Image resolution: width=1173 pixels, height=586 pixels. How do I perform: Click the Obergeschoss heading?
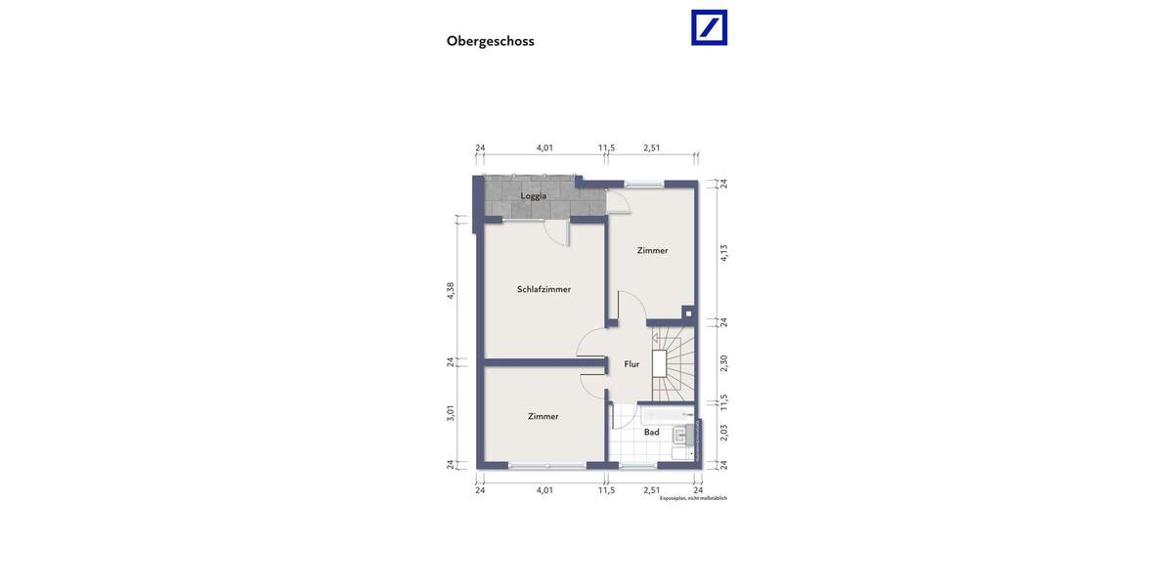click(490, 41)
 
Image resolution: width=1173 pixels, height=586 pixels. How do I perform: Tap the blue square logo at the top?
click(709, 27)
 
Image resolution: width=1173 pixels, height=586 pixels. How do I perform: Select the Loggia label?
click(534, 195)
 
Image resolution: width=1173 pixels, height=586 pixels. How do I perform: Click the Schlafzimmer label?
click(543, 289)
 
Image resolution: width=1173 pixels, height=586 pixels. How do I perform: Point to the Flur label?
click(631, 364)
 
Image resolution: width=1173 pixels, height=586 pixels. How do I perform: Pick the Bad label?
click(651, 432)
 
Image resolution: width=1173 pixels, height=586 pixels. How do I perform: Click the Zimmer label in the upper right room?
click(652, 250)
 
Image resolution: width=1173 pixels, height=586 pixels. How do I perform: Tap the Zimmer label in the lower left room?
click(543, 416)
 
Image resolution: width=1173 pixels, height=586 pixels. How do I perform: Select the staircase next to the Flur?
click(673, 364)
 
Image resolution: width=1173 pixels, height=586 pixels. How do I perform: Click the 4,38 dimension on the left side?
click(451, 290)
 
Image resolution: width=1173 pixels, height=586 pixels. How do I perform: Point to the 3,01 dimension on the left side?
click(451, 412)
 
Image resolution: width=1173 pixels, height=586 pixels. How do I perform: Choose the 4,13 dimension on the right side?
click(724, 252)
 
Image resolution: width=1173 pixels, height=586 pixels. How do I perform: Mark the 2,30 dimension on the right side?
click(724, 362)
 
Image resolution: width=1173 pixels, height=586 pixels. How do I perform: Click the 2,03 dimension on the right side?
click(724, 433)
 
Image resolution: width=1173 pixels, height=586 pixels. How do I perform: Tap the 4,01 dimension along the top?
click(544, 148)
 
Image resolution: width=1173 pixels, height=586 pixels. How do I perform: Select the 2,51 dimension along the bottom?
click(652, 490)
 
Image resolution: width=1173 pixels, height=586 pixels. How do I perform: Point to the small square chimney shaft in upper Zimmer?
click(688, 314)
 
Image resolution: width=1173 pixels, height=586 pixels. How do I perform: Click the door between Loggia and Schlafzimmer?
click(555, 232)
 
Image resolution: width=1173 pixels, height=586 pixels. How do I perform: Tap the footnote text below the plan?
click(693, 498)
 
